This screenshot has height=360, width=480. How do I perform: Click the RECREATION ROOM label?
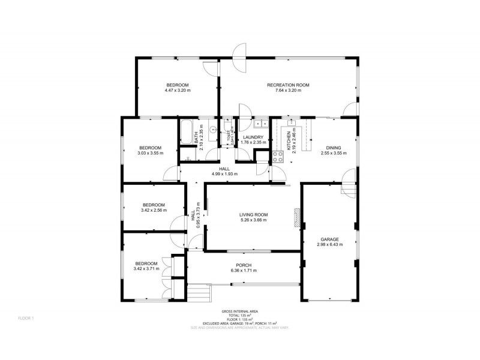tap(288, 85)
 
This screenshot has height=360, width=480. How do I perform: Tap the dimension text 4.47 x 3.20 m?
tap(178, 91)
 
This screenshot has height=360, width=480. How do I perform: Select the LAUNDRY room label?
tap(253, 137)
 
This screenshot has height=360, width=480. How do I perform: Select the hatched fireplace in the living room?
tap(296, 216)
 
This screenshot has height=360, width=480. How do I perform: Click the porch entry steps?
tap(200, 293)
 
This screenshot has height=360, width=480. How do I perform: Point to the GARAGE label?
tap(329, 238)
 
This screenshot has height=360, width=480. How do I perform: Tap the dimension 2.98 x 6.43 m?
tap(329, 244)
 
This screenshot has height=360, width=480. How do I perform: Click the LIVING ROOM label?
tap(253, 214)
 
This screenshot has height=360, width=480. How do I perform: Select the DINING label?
tap(333, 147)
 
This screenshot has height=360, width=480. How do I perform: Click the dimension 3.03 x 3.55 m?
tap(150, 154)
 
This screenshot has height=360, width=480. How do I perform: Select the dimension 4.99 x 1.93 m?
tap(224, 174)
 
